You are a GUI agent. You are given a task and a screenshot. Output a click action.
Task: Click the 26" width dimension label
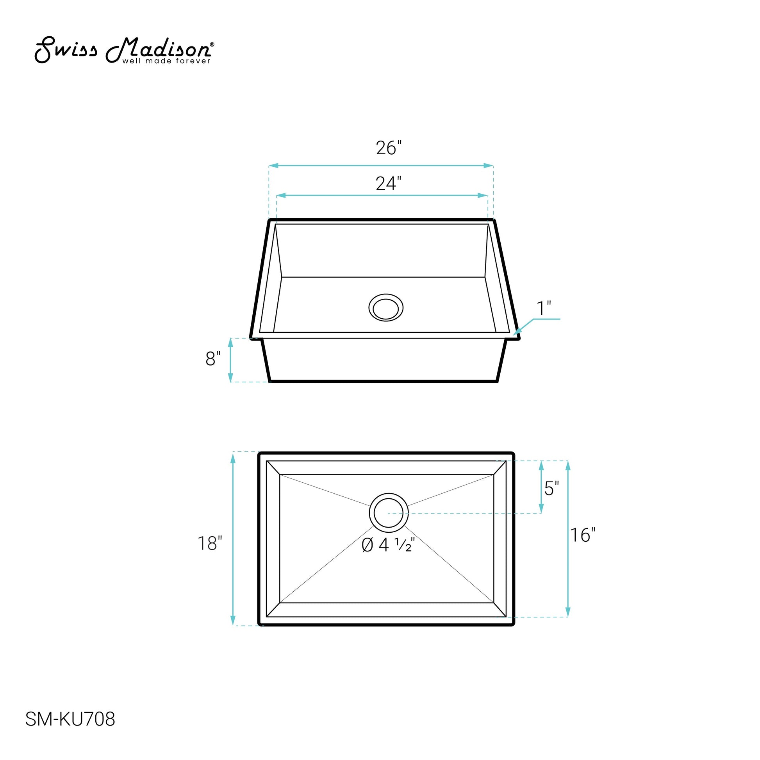coord(389,148)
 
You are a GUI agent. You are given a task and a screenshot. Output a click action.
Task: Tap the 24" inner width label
coord(389,183)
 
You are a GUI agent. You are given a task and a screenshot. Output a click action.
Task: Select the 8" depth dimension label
coord(213,359)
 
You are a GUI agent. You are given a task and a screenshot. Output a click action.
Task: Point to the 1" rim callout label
coord(544,308)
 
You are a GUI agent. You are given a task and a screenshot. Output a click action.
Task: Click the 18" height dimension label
coord(210,543)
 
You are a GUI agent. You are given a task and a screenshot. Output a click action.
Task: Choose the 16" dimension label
coord(583,535)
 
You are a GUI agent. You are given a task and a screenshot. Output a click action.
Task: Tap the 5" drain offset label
coord(551,489)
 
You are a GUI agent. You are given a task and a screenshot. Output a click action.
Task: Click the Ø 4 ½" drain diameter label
coord(388,545)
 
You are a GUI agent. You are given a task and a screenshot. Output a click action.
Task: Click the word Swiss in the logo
coord(66,50)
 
